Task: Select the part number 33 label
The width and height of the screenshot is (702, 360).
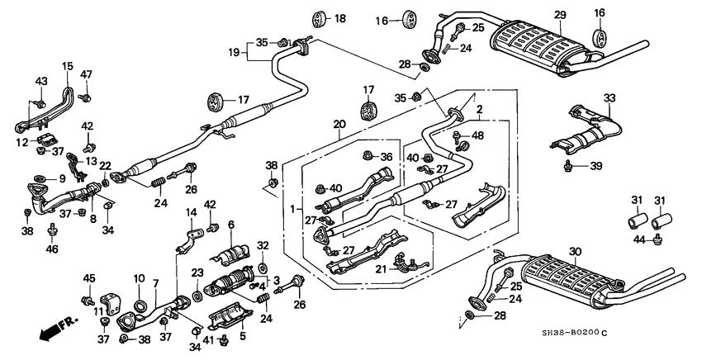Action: click(x=610, y=98)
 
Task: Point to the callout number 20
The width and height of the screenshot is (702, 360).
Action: click(x=339, y=125)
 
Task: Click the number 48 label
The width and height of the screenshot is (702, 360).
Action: click(x=478, y=135)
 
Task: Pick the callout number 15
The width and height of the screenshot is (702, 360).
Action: click(x=67, y=65)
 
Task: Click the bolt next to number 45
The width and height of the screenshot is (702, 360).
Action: click(x=87, y=300)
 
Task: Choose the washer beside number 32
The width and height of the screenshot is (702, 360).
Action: click(x=261, y=267)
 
